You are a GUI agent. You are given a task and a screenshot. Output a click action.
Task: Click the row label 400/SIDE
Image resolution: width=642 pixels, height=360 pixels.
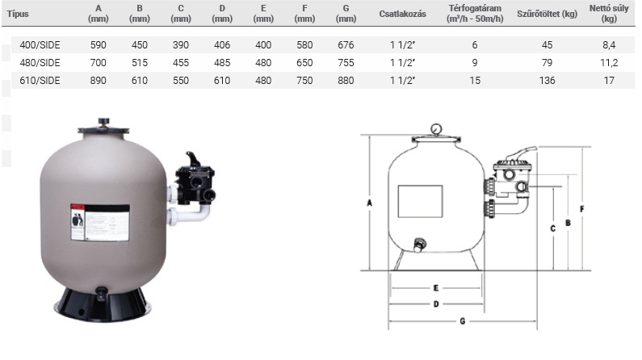tap(40, 45)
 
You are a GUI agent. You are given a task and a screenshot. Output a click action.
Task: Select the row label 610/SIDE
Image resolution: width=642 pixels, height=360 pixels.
tap(40, 81)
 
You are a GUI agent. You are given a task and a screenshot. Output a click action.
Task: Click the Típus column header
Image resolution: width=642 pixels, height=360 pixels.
tap(18, 14)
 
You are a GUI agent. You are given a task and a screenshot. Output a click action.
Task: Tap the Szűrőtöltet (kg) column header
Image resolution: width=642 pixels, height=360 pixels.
tap(547, 14)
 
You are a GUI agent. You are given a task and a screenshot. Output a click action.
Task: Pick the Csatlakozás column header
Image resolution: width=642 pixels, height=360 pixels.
tap(402, 14)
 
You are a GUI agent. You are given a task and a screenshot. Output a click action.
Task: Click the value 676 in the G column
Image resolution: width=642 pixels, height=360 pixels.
tap(346, 45)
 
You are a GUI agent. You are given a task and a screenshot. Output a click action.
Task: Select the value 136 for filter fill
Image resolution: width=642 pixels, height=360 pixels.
tap(547, 81)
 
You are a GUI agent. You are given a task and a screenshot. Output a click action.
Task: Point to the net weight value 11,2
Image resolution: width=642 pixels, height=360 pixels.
tap(609, 63)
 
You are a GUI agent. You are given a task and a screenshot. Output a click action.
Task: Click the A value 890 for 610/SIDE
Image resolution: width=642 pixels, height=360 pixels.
tap(99, 81)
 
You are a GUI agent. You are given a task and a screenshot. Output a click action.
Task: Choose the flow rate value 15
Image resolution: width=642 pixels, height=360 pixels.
tap(475, 81)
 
